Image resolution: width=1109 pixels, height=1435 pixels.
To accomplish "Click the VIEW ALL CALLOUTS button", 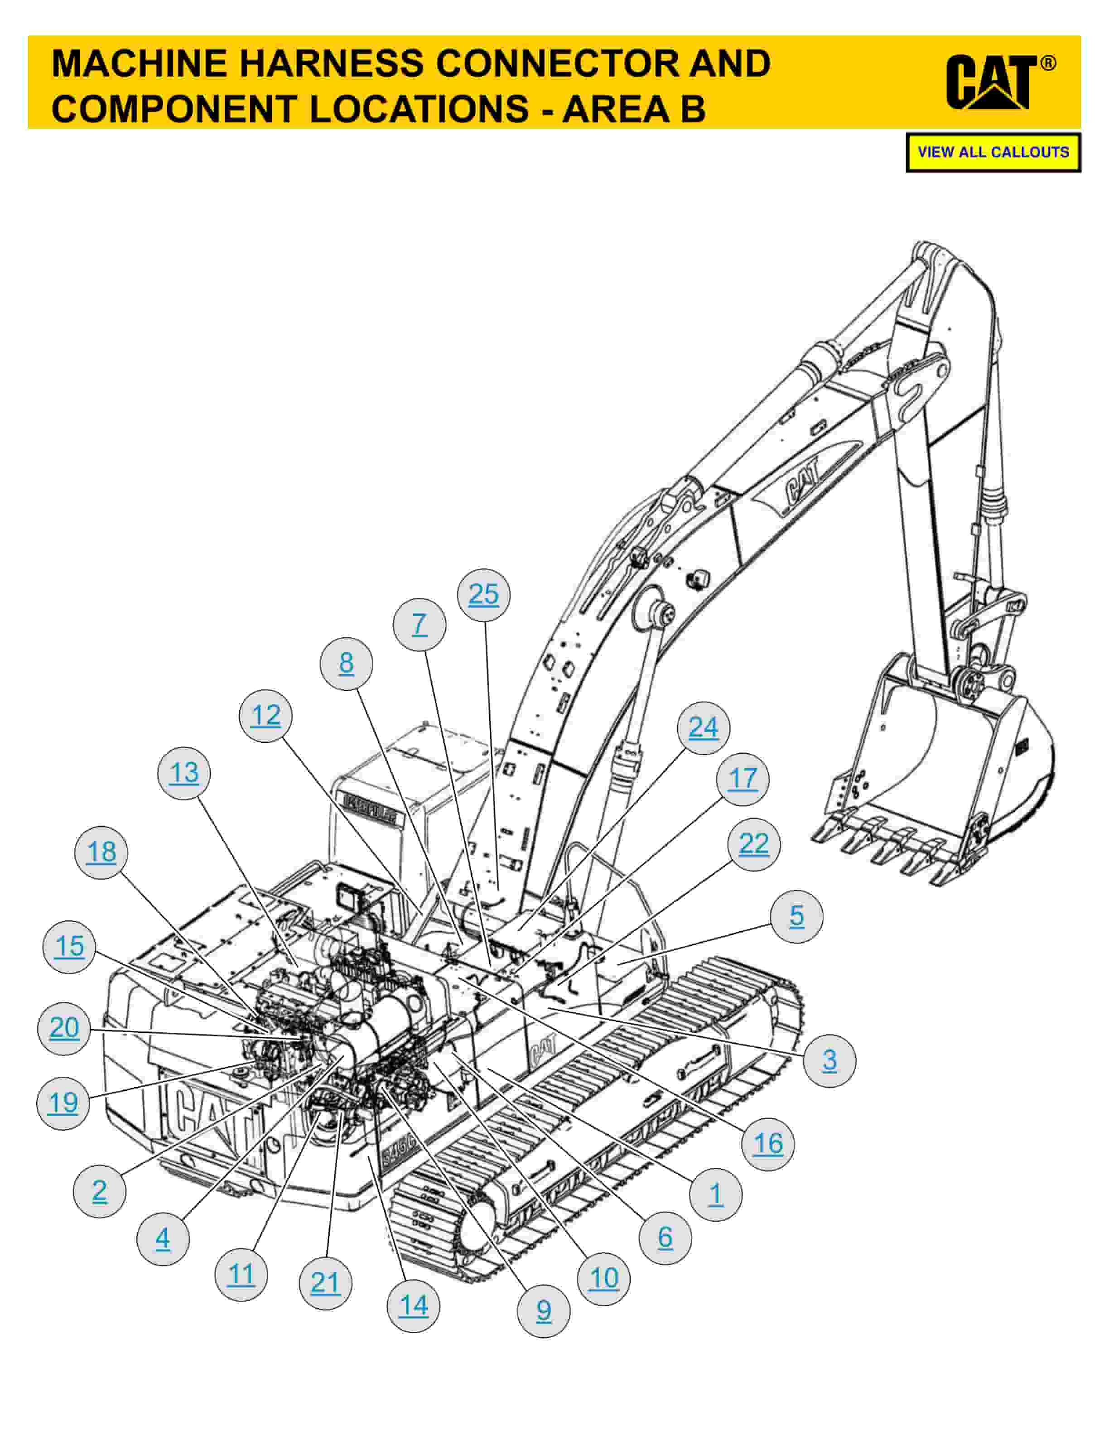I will pyautogui.click(x=993, y=153).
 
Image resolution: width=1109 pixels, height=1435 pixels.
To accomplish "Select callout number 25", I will pyautogui.click(x=483, y=595).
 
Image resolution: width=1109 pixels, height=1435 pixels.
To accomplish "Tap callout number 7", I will pyautogui.click(x=419, y=624).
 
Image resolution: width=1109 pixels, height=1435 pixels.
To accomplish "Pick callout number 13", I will pyautogui.click(x=184, y=773).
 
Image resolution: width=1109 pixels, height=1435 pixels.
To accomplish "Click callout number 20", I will pyautogui.click(x=64, y=1028).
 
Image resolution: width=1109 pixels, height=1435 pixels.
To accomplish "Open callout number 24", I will pyautogui.click(x=704, y=728).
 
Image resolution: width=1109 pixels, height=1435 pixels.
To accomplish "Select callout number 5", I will pyautogui.click(x=796, y=916).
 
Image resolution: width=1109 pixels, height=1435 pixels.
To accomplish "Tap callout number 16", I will pyautogui.click(x=768, y=1144).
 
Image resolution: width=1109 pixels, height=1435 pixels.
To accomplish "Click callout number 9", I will pyautogui.click(x=543, y=1311).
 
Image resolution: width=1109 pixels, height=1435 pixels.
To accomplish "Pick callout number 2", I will pyautogui.click(x=99, y=1190).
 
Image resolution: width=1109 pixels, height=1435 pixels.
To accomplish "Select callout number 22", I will pyautogui.click(x=753, y=844).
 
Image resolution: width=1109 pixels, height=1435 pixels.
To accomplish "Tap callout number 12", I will pyautogui.click(x=265, y=716).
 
